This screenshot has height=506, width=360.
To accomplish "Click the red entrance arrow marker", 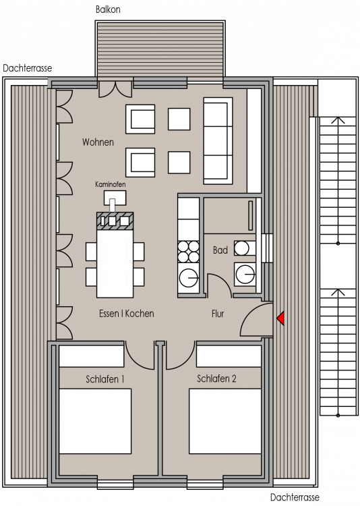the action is [281, 318].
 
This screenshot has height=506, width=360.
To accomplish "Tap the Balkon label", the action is [108, 9].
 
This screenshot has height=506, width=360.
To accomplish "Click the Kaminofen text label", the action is [111, 184].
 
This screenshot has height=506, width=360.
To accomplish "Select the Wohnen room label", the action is [98, 142].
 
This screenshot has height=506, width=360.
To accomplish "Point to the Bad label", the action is [220, 250].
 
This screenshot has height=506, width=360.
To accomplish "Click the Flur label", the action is [218, 313].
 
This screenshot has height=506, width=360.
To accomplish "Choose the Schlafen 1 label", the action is [105, 379].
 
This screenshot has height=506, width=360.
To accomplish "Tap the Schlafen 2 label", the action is [216, 378].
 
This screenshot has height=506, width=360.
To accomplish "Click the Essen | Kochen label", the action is [127, 313].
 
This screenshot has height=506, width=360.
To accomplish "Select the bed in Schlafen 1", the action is [95, 421].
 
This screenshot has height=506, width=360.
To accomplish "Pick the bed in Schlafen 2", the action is [225, 421].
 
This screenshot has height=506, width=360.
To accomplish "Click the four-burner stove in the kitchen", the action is [189, 252].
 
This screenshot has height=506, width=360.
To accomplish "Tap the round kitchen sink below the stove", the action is [189, 277].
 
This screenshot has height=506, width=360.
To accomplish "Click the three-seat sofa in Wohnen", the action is [218, 141].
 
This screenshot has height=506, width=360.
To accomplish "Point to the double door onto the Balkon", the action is [115, 89].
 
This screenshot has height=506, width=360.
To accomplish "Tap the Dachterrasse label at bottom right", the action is [294, 497].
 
